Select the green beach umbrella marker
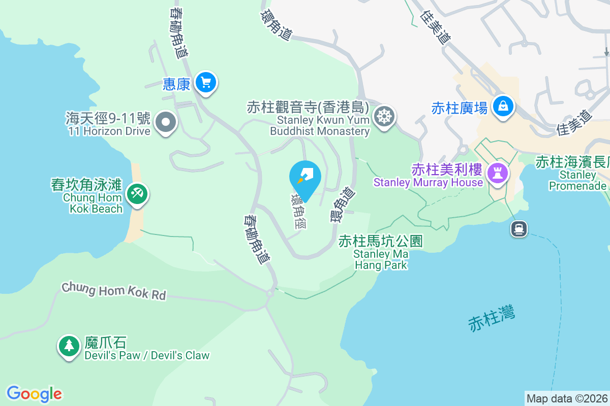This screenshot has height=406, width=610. [136, 193]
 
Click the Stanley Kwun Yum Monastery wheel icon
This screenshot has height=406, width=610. [384, 117]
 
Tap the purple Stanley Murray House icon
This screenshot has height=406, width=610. [498, 173]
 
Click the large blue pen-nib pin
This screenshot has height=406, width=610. [305, 178]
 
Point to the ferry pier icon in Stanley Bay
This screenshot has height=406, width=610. [519, 229]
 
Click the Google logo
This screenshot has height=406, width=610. [34, 393]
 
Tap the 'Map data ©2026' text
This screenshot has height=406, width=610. [567, 398]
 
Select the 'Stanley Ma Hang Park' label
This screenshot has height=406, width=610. [381, 259]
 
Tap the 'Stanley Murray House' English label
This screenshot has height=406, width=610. [428, 182]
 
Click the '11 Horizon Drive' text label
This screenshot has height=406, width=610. [109, 131]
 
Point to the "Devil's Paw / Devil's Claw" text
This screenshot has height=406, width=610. [147, 355]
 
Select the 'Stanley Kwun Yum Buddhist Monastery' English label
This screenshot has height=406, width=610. [320, 126]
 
